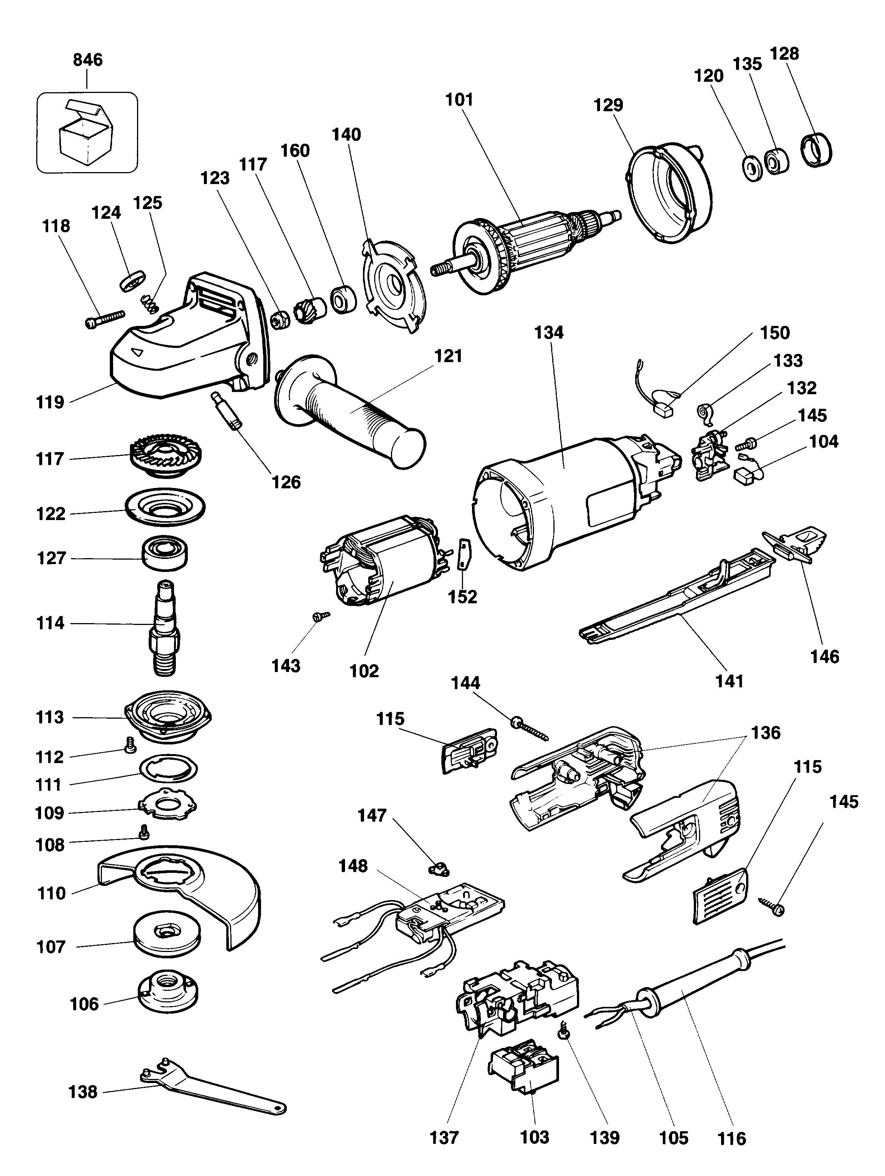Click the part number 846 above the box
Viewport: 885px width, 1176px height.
click(87, 59)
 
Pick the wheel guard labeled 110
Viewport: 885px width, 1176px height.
click(186, 899)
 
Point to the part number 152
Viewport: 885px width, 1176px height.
click(462, 597)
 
